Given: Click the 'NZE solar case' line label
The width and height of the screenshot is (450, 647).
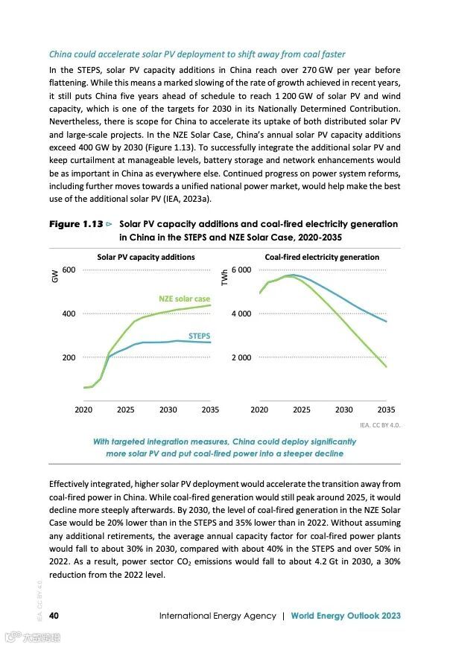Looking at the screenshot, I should point(185,299).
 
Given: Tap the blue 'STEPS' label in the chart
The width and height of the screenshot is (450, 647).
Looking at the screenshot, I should point(199,336).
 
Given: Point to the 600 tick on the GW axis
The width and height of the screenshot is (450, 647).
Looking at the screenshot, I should point(69,270).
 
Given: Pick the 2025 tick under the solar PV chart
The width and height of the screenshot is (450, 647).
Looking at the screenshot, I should point(125,409).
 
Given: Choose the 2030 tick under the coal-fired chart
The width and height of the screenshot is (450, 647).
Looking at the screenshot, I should point(343,409).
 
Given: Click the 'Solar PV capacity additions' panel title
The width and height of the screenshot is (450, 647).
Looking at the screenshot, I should point(146,257).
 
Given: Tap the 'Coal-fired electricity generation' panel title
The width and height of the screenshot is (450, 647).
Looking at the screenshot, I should point(322,257).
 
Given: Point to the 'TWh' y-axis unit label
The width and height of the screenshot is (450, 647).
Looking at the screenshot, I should point(225,277).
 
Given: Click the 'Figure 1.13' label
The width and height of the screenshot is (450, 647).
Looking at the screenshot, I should point(76,223).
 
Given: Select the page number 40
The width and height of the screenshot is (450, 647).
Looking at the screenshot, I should point(54,616).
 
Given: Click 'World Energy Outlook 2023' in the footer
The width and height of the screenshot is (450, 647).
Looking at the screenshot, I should point(346,616).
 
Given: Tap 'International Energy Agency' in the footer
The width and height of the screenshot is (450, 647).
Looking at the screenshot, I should point(217,616).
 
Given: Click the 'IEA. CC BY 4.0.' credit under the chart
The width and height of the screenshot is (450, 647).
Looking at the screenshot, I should point(380,425).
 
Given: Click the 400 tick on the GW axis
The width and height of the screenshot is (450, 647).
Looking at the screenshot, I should point(69,313).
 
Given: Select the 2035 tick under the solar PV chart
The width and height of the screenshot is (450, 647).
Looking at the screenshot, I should point(210,409).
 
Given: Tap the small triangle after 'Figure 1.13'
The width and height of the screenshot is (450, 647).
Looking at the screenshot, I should point(110,223).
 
